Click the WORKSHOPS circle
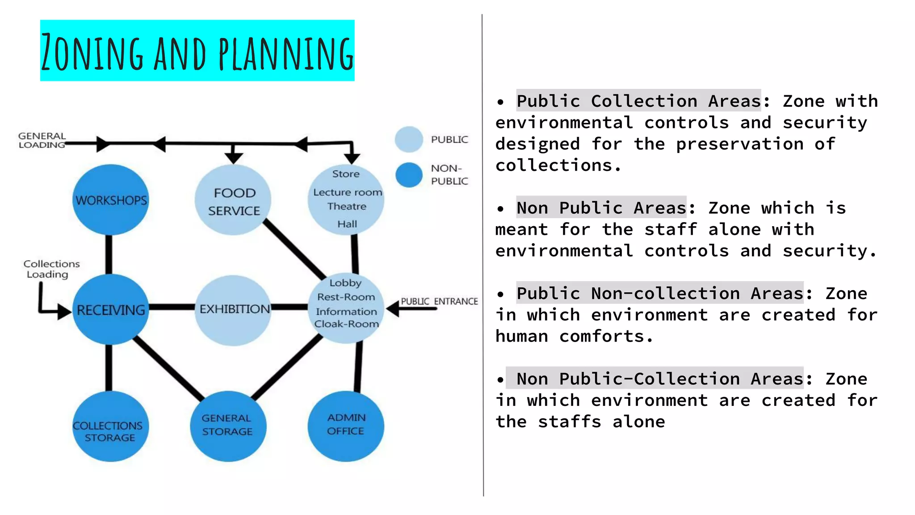(111, 200)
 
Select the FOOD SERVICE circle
(233, 200)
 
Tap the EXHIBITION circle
(233, 310)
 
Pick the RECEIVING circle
(111, 309)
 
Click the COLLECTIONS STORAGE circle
(110, 426)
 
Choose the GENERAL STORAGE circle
(228, 426)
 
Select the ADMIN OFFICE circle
(346, 426)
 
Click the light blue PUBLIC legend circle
(409, 139)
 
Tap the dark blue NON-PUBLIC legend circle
(409, 175)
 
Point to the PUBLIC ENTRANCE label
(439, 301)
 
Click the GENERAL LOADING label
(42, 140)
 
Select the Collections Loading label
(51, 269)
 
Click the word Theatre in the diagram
(347, 207)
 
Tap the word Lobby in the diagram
(345, 283)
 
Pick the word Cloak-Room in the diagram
(347, 324)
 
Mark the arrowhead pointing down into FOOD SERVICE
(234, 158)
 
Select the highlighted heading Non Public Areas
(601, 208)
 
